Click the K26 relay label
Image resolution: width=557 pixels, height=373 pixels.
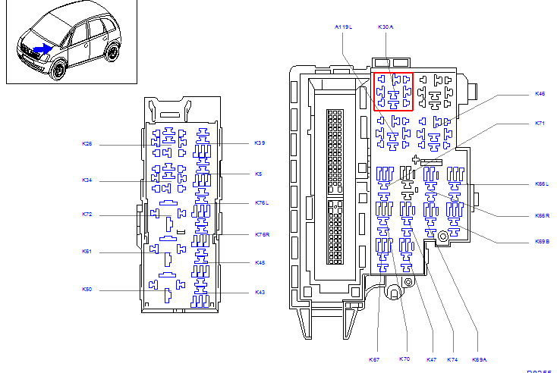(87, 143)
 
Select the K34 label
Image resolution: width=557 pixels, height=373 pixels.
(87, 180)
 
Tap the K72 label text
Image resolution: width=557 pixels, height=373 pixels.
(87, 215)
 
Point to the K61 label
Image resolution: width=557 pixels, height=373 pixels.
(87, 252)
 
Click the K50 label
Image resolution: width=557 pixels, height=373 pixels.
(87, 290)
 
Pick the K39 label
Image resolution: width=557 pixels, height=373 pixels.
(260, 143)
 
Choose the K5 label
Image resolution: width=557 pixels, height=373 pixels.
(258, 174)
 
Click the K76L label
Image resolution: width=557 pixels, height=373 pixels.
(262, 203)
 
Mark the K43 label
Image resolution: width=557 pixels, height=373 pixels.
(260, 293)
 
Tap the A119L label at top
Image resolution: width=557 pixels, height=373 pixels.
(344, 27)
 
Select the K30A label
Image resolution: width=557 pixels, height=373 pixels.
(385, 27)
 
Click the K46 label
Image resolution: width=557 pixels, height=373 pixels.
(540, 94)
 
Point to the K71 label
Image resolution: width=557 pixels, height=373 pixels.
(540, 123)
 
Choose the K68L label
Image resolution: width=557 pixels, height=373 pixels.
(541, 184)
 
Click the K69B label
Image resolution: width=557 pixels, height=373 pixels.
(541, 242)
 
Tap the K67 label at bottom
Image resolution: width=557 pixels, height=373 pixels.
(374, 359)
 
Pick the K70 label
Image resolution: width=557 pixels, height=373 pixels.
(404, 359)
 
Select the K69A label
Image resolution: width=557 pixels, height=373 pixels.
(479, 359)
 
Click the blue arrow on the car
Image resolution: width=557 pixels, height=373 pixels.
(44, 49)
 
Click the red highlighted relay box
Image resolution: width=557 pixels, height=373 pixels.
(393, 91)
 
